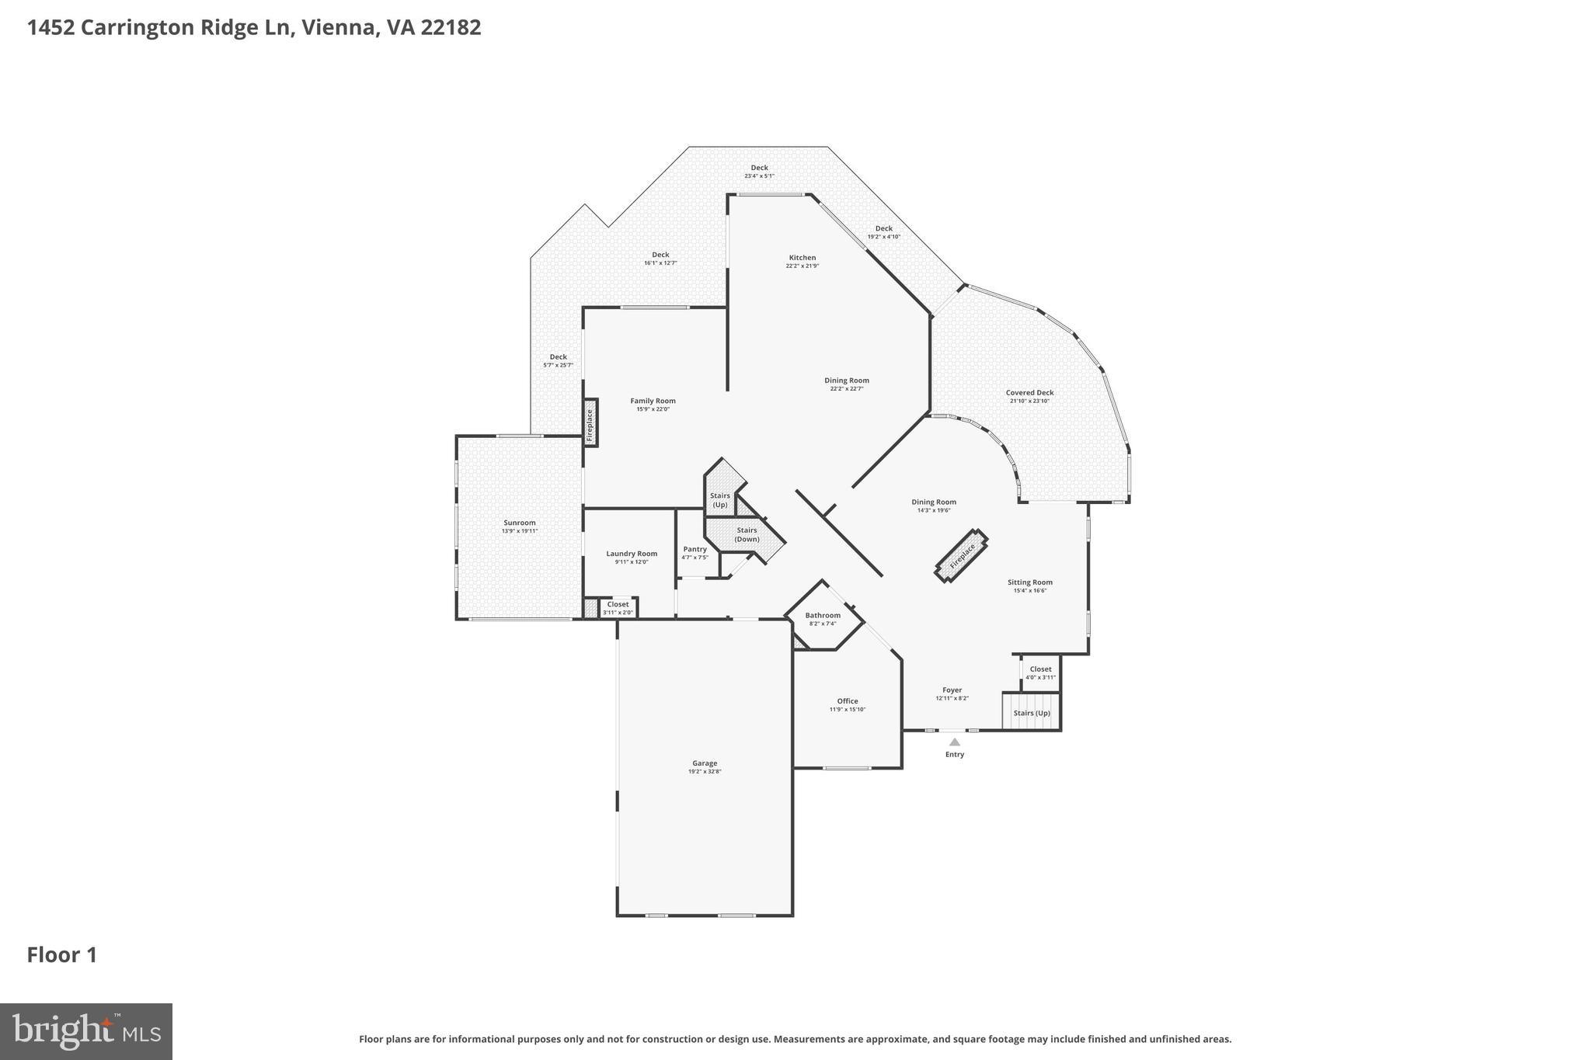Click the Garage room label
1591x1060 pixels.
705,763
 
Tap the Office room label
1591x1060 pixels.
847,701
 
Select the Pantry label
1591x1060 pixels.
695,549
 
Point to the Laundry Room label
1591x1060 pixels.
632,554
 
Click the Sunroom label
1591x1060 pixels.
519,523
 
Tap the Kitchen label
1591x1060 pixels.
802,258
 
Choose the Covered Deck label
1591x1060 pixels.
1029,393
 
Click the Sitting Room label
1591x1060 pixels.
1029,582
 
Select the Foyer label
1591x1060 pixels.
952,690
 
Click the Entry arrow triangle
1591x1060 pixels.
955,742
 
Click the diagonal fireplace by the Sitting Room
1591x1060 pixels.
961,556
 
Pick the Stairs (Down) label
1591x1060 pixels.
747,534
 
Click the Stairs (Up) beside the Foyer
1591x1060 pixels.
1031,713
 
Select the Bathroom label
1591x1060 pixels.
822,616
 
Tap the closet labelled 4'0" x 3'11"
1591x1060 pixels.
1040,672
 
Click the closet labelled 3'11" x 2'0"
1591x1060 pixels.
618,608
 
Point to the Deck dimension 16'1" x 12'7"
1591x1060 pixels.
660,263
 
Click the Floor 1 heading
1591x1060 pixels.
62,955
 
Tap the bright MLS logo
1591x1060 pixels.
86,1031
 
